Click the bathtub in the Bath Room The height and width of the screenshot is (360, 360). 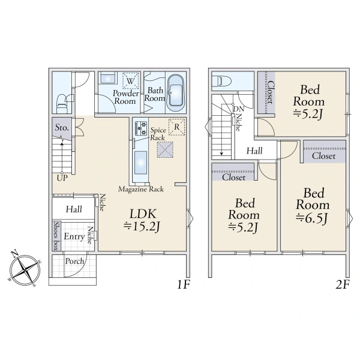(x=176, y=92)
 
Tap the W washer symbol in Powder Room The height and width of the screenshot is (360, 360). (x=131, y=80)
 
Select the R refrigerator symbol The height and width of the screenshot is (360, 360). (x=177, y=127)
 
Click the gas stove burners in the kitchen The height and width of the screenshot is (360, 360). (x=141, y=128)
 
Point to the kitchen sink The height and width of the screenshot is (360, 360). (x=140, y=163)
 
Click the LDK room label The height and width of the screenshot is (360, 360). (x=143, y=214)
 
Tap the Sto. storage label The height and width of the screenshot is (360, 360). (x=62, y=127)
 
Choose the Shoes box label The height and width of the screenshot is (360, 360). (x=56, y=236)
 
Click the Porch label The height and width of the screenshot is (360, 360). (x=74, y=261)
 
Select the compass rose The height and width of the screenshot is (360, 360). (x=25, y=269)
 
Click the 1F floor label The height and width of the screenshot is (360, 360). (x=184, y=284)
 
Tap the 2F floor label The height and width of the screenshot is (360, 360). (x=343, y=284)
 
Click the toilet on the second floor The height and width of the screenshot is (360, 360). (x=221, y=81)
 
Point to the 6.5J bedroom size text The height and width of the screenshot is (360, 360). (x=312, y=218)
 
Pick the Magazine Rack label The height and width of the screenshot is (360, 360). (x=141, y=189)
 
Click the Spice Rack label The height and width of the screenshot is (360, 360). (x=158, y=134)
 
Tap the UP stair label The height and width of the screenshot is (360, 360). (x=62, y=178)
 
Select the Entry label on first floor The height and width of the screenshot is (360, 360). (x=74, y=236)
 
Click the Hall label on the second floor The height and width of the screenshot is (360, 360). (x=254, y=151)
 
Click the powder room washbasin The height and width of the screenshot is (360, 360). (x=107, y=78)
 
